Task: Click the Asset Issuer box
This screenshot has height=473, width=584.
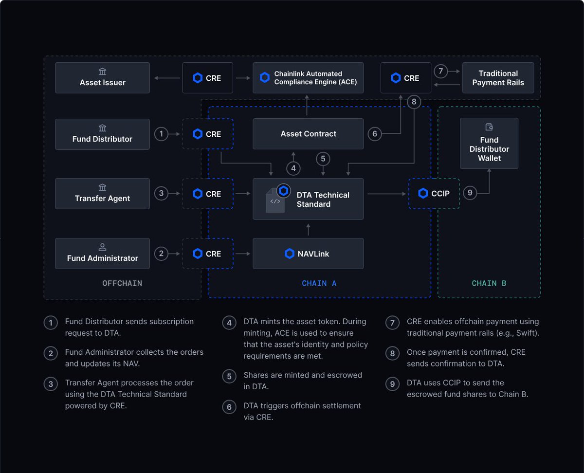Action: (102, 78)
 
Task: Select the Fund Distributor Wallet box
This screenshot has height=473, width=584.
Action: (489, 144)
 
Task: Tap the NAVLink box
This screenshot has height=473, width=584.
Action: (308, 254)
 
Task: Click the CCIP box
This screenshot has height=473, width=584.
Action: (434, 194)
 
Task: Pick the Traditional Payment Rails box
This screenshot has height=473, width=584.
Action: (498, 78)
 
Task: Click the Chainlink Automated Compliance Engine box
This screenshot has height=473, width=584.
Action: (308, 78)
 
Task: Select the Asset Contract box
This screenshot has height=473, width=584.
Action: (308, 134)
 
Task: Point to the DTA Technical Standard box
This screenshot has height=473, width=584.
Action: (308, 199)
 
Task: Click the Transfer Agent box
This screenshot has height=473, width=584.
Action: (102, 194)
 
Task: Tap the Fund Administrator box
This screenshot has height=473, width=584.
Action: (102, 254)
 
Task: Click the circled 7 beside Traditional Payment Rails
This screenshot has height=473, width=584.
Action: (440, 72)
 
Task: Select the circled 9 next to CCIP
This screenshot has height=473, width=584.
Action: (470, 193)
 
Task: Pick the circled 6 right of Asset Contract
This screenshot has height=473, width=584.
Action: (375, 134)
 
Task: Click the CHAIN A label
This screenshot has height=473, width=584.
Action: (319, 283)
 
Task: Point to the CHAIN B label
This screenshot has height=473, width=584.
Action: (489, 283)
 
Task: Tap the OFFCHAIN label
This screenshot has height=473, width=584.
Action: (122, 283)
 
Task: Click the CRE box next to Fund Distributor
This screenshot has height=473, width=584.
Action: (208, 134)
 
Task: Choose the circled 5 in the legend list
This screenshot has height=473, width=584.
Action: (229, 377)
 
